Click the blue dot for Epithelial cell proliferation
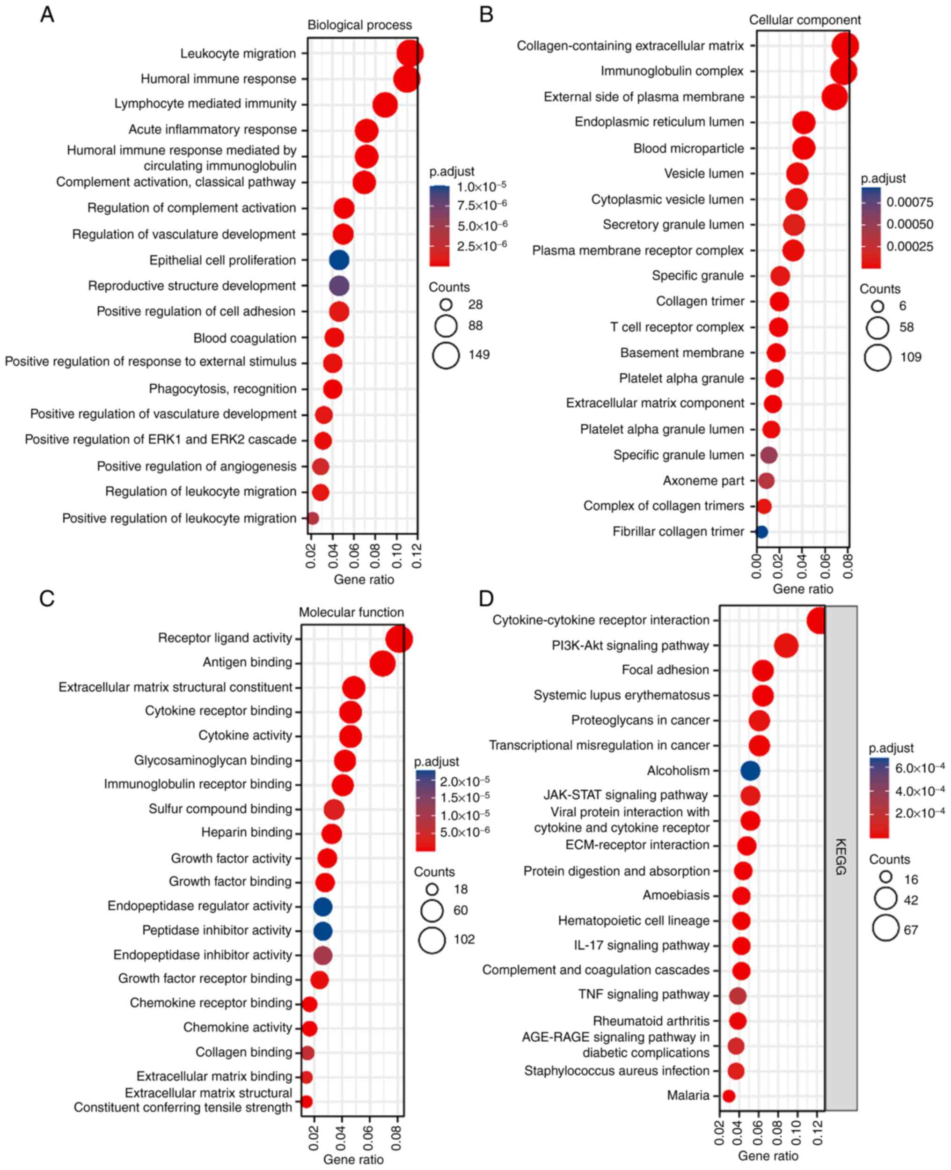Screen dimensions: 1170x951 click(x=339, y=260)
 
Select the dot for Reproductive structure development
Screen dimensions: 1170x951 click(x=339, y=286)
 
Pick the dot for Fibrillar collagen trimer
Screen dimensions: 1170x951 click(x=761, y=531)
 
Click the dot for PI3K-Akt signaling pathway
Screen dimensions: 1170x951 click(x=786, y=646)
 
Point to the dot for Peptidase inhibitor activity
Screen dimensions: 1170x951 click(x=322, y=930)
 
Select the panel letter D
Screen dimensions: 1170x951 click(x=486, y=599)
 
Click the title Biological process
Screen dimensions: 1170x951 click(x=359, y=25)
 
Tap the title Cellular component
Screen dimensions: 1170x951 click(x=804, y=20)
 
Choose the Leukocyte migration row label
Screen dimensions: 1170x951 click(x=238, y=54)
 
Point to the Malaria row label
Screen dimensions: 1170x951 click(x=688, y=1096)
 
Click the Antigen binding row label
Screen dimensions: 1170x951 click(x=247, y=662)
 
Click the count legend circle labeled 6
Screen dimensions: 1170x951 click(x=878, y=306)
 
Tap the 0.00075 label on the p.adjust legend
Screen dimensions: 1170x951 click(x=910, y=203)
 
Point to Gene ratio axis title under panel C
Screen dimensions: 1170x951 click(x=353, y=1160)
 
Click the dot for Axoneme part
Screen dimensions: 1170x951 click(x=767, y=481)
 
